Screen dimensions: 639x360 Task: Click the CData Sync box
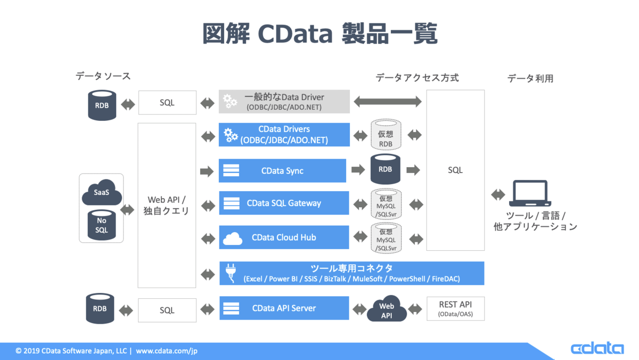tap(282, 170)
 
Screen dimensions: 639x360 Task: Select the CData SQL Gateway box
tap(284, 203)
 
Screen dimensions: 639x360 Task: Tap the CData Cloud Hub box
tap(284, 238)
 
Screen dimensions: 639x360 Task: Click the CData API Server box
tap(284, 308)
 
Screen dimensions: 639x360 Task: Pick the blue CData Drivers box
tap(284, 135)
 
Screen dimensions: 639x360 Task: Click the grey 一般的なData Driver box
tap(284, 102)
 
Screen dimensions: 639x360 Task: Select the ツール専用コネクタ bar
tap(352, 273)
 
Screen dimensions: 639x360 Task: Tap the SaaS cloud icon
tap(102, 193)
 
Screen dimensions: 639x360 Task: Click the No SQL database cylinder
tap(102, 225)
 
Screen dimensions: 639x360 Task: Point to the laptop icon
tap(530, 193)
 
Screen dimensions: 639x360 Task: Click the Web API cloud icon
tap(387, 309)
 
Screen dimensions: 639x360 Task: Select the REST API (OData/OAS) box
tap(456, 309)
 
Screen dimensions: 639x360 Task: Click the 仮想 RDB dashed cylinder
tap(386, 135)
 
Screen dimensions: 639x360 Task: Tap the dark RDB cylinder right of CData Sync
tap(386, 169)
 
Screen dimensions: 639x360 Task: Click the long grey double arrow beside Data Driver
tap(388, 102)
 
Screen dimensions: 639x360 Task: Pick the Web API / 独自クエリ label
tap(166, 206)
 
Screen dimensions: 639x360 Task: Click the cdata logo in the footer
tap(597, 348)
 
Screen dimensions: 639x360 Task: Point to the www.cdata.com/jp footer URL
tap(167, 351)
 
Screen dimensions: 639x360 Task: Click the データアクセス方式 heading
tap(417, 78)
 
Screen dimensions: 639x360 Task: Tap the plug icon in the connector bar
tap(231, 273)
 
